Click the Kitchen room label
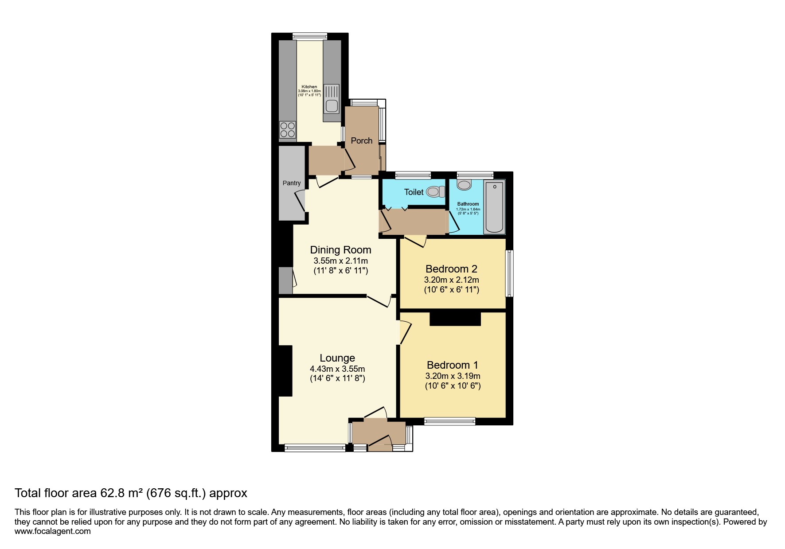[x=309, y=87]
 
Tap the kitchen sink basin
[x=331, y=106]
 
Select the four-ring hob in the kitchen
[x=288, y=129]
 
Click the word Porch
[x=362, y=140]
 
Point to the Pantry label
[x=292, y=183]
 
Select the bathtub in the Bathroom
[x=494, y=206]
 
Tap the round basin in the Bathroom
[x=464, y=185]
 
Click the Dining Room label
[x=340, y=250]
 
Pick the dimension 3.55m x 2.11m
[x=340, y=261]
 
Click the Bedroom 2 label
[x=451, y=269]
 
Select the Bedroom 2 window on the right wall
[x=510, y=273]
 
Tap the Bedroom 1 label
[x=453, y=365]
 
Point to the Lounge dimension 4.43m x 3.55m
[x=337, y=369]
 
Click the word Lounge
[x=337, y=358]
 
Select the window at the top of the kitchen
[x=310, y=36]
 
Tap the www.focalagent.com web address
[x=53, y=531]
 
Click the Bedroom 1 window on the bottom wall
[x=449, y=421]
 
